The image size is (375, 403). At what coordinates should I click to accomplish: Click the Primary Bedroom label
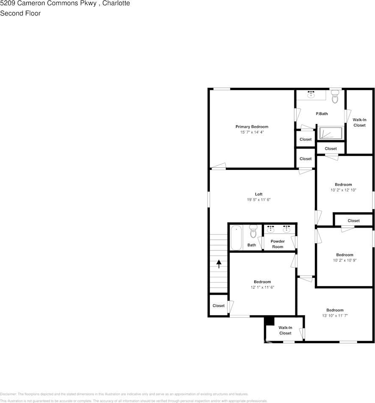click(252, 127)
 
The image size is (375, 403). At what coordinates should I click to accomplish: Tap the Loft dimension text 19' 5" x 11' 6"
click(258, 200)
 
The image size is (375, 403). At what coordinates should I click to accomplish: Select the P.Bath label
click(322, 114)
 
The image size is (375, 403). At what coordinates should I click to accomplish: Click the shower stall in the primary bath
click(330, 133)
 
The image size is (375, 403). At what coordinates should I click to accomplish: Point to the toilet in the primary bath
click(335, 98)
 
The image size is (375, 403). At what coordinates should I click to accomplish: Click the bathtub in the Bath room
click(236, 237)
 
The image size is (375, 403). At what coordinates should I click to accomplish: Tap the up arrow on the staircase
click(219, 264)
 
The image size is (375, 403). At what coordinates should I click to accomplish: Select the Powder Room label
click(278, 244)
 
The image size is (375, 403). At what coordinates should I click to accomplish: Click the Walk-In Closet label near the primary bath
click(359, 122)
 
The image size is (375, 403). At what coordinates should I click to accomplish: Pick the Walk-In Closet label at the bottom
click(285, 330)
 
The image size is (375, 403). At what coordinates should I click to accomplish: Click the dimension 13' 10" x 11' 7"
click(335, 316)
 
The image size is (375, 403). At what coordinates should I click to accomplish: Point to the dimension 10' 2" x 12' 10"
click(343, 190)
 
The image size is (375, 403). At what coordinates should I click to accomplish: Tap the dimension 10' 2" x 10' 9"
click(344, 260)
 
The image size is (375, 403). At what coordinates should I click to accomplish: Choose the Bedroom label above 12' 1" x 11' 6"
click(262, 282)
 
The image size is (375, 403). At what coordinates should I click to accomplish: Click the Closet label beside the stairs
click(219, 306)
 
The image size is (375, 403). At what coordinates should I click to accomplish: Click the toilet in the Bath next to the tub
click(253, 231)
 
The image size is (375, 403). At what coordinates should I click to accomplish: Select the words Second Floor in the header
click(20, 13)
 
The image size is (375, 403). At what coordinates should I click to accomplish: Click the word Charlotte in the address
click(117, 3)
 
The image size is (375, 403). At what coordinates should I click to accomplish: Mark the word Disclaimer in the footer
click(8, 394)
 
